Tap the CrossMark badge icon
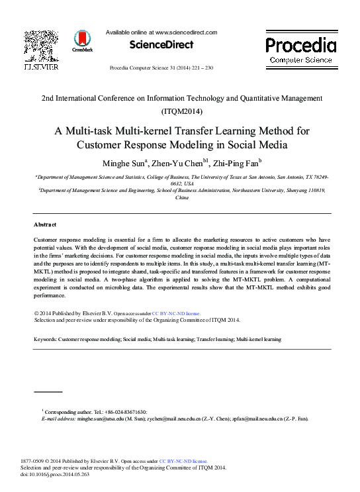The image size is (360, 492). pyautogui.click(x=83, y=39)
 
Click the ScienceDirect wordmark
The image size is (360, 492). pyautogui.click(x=161, y=45)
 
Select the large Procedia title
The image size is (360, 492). pyautogui.click(x=300, y=45)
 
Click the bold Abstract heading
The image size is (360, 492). pyautogui.click(x=45, y=224)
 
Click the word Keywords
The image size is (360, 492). pyautogui.click(x=45, y=339)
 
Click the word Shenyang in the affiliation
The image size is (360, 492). pyautogui.click(x=293, y=189)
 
